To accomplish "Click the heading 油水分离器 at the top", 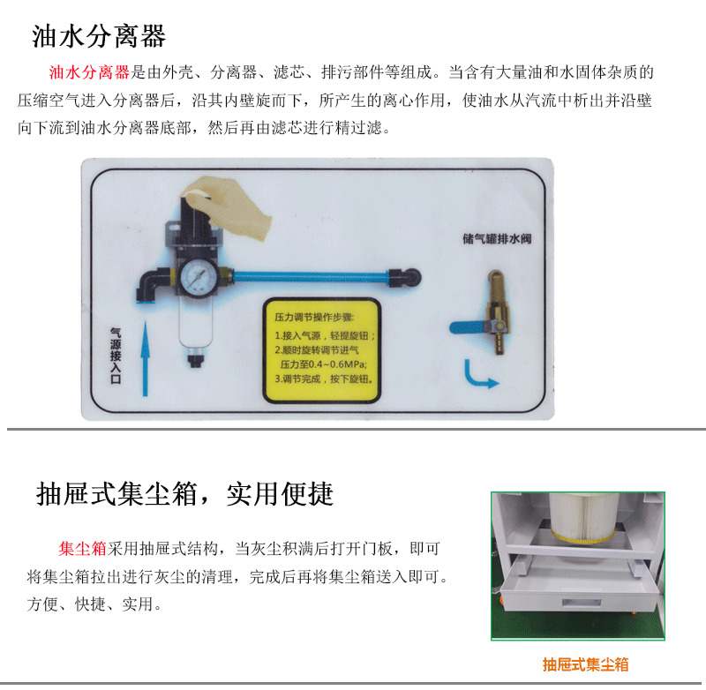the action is point(99,36).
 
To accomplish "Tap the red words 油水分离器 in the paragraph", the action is point(89,72).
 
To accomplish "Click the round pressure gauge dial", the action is point(198,275).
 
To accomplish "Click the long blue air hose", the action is point(311,275).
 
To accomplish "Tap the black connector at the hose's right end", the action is point(404,277).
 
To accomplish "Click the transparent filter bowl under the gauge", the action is point(195,323).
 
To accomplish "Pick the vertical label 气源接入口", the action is point(116,356).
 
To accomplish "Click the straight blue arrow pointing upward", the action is point(145,358).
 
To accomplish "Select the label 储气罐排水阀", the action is point(497,238).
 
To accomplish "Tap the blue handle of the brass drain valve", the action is point(469,327).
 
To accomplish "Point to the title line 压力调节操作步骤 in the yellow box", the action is point(314,318).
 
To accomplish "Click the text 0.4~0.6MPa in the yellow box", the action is point(337,364).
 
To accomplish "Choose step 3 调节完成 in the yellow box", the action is point(324,379).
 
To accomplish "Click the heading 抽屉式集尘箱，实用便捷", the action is point(184,494).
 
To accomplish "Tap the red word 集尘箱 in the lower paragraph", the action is point(82,549).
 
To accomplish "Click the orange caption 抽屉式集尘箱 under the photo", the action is point(585,664).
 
